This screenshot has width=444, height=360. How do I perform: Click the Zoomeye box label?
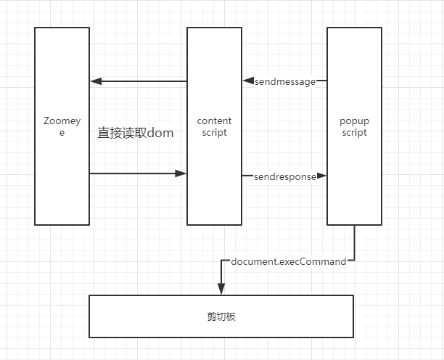coord(62,126)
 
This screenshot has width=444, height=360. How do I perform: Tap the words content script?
coord(214,126)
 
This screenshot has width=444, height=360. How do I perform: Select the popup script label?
coord(354,126)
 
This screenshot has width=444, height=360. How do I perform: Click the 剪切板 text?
coord(221,316)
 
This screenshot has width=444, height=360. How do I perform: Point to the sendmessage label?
coord(285,82)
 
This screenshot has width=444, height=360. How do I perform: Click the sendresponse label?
coord(285,177)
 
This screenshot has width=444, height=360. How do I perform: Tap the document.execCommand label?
coord(289,261)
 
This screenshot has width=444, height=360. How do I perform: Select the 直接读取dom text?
coord(136,133)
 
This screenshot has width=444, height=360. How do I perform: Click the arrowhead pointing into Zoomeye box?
coord(96,81)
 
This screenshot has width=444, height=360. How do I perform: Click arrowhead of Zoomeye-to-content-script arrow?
coord(181,173)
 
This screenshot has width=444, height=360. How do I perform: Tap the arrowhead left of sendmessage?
coord(248,81)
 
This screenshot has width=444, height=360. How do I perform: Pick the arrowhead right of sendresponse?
coord(321,176)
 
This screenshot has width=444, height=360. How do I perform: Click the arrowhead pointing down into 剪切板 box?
coord(221,289)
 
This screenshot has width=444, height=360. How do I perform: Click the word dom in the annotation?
coord(160,133)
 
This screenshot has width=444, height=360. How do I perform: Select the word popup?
coord(354,121)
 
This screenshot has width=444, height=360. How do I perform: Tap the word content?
coord(214,121)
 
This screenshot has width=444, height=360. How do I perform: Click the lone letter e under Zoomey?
coord(62,133)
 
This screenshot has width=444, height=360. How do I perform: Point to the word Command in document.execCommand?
coord(323,261)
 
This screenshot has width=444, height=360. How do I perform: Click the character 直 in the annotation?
coord(103,133)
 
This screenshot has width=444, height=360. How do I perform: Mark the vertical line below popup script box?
coord(354,242)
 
